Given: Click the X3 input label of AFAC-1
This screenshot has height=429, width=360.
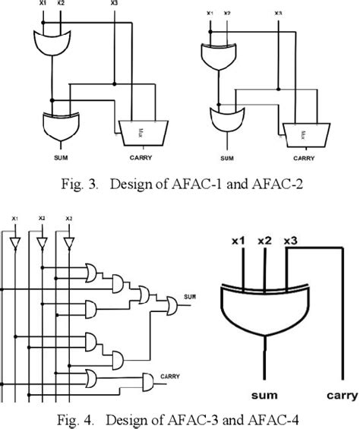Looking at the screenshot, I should pos(114,3).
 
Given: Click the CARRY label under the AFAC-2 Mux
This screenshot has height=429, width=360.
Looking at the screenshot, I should pos(305,159).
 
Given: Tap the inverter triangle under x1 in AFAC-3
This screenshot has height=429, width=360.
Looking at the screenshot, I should pos(14,242).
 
